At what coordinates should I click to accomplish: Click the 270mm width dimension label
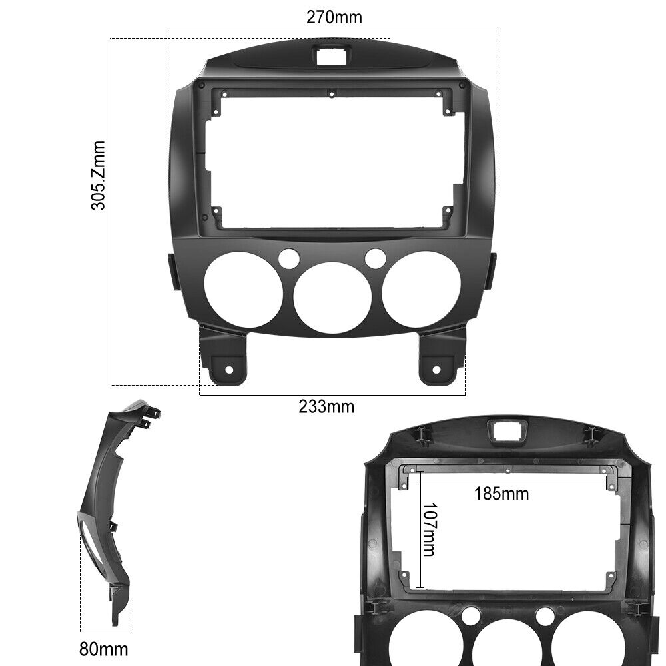tap(334, 17)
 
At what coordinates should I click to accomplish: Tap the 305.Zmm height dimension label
tap(99, 175)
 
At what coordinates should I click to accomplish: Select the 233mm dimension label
tap(326, 406)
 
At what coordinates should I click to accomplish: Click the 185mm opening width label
tap(501, 494)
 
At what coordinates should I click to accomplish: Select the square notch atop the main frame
tap(331, 56)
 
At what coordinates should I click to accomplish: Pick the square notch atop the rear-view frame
tap(507, 431)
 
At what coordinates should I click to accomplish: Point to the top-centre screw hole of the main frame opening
tap(331, 94)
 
